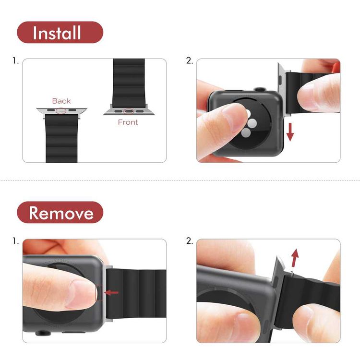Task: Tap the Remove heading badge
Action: pyautogui.click(x=60, y=213)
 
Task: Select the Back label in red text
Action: pyautogui.click(x=61, y=101)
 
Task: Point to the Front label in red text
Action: pyautogui.click(x=128, y=122)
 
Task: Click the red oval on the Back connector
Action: pyautogui.click(x=61, y=111)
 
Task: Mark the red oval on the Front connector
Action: pyautogui.click(x=128, y=111)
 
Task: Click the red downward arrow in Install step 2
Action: pyautogui.click(x=290, y=131)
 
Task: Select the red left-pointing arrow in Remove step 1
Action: pyautogui.click(x=111, y=292)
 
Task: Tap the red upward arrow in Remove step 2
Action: pyautogui.click(x=295, y=257)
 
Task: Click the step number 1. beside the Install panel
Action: pyautogui.click(x=16, y=61)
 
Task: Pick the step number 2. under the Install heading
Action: pyautogui.click(x=189, y=61)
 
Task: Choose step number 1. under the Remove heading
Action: pyautogui.click(x=16, y=241)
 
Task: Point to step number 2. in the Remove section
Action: pyautogui.click(x=189, y=241)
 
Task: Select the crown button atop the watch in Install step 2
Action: pyautogui.click(x=259, y=89)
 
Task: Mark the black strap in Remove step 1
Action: pyautogui.click(x=139, y=298)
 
